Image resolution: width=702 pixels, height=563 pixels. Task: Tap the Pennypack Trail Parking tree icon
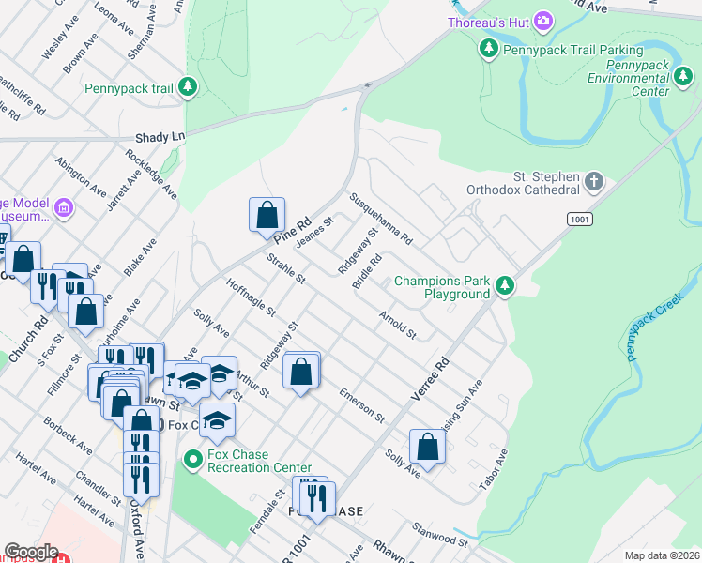click(x=488, y=49)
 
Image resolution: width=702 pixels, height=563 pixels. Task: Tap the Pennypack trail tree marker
click(x=189, y=88)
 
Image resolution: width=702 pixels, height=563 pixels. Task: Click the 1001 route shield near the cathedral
click(x=578, y=218)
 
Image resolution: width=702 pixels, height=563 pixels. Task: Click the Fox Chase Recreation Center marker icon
click(x=193, y=460)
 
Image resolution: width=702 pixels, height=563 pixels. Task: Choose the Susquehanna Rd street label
click(x=381, y=220)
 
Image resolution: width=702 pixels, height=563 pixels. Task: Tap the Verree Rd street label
click(x=430, y=374)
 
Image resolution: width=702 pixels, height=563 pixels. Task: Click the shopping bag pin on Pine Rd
click(x=267, y=215)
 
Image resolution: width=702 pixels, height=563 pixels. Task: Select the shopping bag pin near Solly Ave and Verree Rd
click(x=427, y=448)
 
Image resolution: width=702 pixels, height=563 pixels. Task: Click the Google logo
click(x=31, y=552)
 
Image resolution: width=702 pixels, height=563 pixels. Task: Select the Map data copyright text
click(x=662, y=555)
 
